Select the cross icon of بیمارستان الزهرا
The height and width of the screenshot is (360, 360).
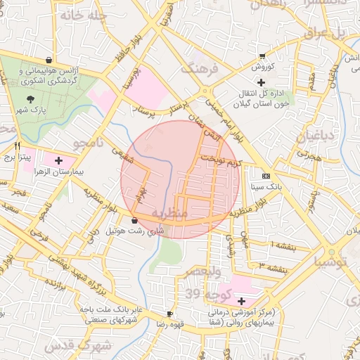point(58,160)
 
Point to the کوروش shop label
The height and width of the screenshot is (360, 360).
point(262,67)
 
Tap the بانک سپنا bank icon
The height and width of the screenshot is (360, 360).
point(266,176)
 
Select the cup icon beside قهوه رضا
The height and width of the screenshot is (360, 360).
point(169,314)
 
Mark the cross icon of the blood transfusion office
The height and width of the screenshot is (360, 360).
point(261,83)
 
